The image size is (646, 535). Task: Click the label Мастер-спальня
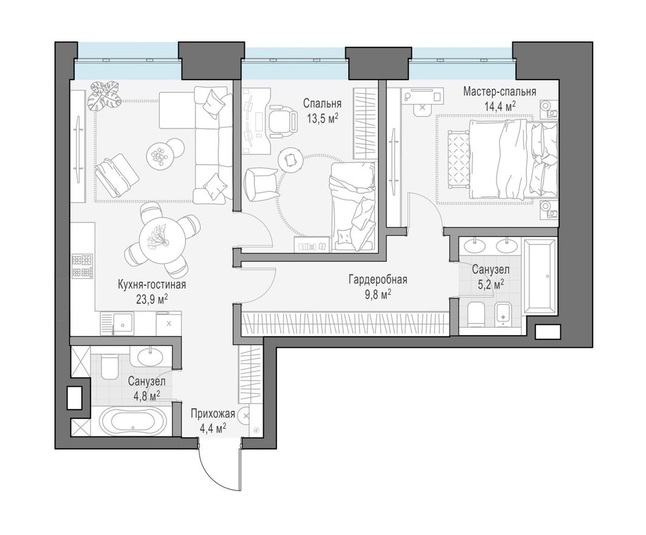coord(499,92)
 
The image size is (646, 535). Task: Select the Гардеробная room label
coord(377,280)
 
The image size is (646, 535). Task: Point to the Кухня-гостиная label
coord(152,285)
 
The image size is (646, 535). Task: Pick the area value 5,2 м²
coord(490,283)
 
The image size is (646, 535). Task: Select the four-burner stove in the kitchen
coord(82,266)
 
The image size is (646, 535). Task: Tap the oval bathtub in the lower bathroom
coord(131,421)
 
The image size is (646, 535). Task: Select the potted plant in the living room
coord(102,94)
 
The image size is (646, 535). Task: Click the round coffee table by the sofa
coord(159,156)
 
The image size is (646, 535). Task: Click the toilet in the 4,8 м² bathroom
coord(109,366)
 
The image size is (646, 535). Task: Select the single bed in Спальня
coord(352,207)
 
